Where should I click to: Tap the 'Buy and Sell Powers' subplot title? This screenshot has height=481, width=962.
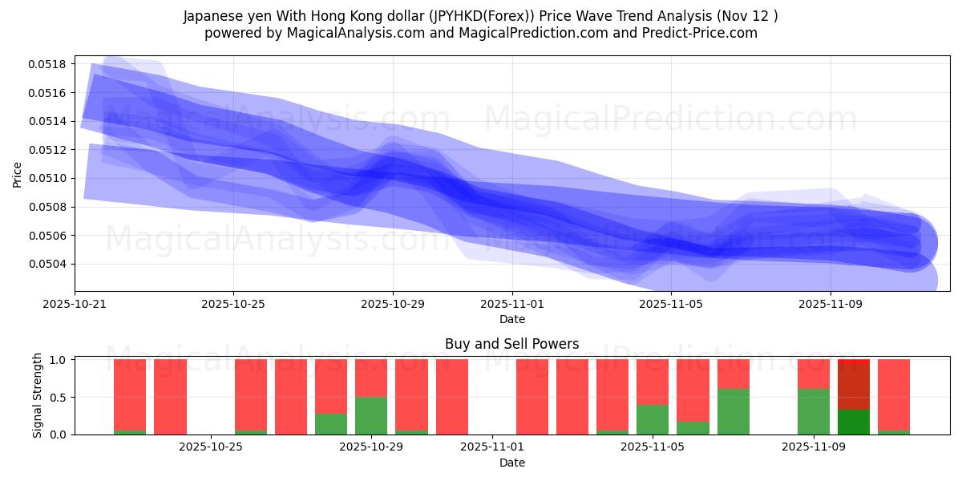(x=511, y=344)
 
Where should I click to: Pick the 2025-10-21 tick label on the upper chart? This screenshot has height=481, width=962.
(x=75, y=304)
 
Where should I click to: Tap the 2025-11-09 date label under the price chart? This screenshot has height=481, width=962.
(x=830, y=304)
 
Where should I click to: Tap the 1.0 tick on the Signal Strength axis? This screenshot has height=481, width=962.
(x=58, y=360)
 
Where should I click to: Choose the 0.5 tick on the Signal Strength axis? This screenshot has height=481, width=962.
(x=58, y=398)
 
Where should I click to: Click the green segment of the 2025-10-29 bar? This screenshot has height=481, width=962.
(x=371, y=416)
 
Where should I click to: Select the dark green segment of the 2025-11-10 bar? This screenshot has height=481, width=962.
(x=854, y=422)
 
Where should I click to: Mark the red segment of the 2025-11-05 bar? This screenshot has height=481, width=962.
(x=653, y=382)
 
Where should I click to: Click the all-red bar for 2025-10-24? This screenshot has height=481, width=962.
(x=170, y=397)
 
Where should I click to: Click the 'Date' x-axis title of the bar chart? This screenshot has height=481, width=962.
(x=511, y=463)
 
